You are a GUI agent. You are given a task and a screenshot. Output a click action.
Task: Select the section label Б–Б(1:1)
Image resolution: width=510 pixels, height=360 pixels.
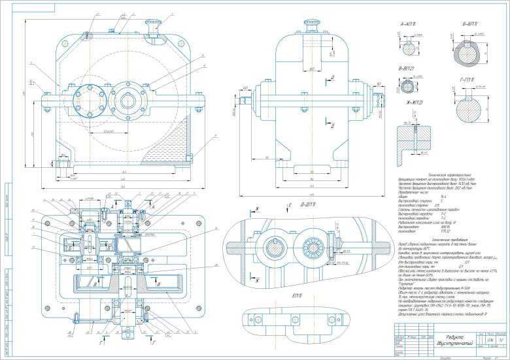pos(471,24)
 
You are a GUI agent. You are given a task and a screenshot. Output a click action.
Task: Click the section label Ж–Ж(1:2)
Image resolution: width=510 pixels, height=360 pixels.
pos(410,103)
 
